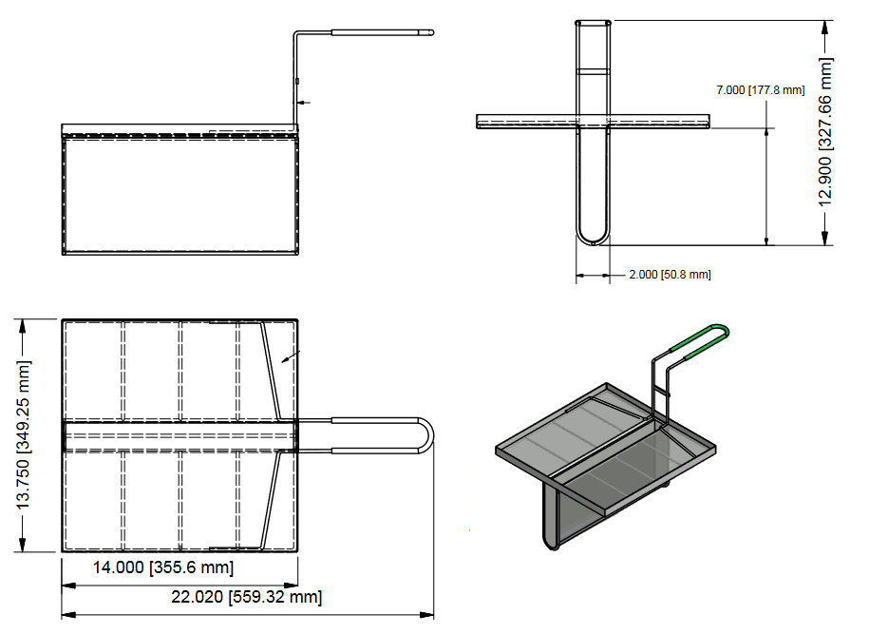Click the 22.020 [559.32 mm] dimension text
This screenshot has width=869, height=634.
(x=246, y=597)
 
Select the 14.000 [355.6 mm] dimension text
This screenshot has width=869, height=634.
(x=162, y=567)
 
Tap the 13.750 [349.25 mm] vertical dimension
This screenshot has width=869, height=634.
(x=22, y=435)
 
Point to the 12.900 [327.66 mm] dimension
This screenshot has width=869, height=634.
(x=825, y=131)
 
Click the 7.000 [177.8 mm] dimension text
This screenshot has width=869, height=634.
(x=760, y=89)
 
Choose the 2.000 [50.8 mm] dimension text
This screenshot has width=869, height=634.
(x=670, y=274)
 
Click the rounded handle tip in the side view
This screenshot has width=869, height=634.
(x=430, y=33)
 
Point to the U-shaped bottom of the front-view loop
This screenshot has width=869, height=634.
(x=593, y=237)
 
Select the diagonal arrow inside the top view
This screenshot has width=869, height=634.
(x=292, y=357)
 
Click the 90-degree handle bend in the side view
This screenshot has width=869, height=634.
(x=296, y=36)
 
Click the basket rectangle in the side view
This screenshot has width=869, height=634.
(x=180, y=195)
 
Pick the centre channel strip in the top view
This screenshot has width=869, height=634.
(x=180, y=435)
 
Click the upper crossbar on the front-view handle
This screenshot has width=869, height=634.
(x=593, y=70)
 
